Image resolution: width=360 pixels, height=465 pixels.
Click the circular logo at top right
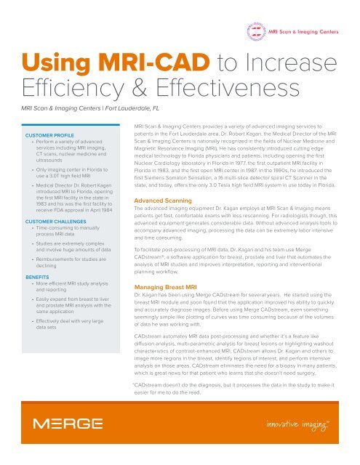258,32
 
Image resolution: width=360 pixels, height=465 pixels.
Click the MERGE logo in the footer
58,424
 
